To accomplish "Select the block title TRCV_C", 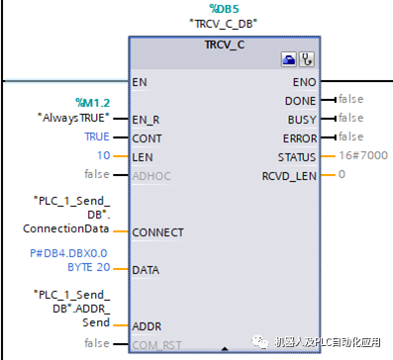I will point(224,45).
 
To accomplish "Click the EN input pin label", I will point(139,81).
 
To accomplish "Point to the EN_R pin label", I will point(146,119).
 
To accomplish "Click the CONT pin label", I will point(146,137).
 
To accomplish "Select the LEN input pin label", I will point(143,156).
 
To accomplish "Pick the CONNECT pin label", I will point(157,232).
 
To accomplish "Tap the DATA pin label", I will point(146,269).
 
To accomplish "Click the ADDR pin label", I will point(146,325).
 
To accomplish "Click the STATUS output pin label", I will point(300,156).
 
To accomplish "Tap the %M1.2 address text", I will point(94,102).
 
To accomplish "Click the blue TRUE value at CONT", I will point(97,137).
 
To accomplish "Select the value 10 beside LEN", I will point(103,156).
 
